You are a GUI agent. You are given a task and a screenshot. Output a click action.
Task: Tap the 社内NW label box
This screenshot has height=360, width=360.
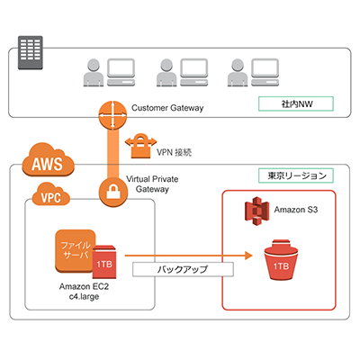click(296, 104)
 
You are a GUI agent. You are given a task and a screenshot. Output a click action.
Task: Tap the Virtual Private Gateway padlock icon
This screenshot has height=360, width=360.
click(113, 191)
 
